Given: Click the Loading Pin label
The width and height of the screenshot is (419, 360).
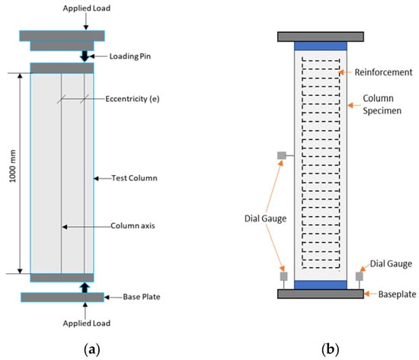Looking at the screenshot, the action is [x=130, y=56].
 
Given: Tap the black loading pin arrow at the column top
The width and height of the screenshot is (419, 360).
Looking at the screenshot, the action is [x=85, y=56].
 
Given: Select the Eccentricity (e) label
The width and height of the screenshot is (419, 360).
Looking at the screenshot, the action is [x=133, y=99].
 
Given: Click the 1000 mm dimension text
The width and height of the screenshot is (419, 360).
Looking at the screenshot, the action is [x=13, y=166].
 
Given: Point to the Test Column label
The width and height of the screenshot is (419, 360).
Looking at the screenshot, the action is [x=134, y=178].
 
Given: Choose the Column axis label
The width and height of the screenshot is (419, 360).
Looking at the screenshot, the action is [x=133, y=226].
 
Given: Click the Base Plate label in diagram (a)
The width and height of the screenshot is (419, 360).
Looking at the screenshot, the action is [x=142, y=297].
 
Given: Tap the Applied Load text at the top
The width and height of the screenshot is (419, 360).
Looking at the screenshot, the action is [x=87, y=8].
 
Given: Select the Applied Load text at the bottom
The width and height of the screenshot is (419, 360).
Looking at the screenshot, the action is [x=87, y=323].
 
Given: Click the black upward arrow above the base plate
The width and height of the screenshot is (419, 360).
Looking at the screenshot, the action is [x=85, y=288].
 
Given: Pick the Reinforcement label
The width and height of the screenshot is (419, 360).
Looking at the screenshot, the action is [x=383, y=72].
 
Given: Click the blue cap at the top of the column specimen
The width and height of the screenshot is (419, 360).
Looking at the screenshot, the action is [x=321, y=46].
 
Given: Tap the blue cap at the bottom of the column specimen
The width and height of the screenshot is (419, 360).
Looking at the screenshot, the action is [x=321, y=285].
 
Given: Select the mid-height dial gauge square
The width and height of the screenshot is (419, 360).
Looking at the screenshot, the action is [x=282, y=155].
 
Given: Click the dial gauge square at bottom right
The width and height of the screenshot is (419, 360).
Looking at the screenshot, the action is [x=360, y=276].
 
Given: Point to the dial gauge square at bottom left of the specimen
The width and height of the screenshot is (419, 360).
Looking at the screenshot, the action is [x=284, y=276].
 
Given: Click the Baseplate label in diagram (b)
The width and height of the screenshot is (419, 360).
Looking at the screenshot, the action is [x=398, y=295].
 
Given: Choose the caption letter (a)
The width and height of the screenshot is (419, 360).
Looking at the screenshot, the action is [x=92, y=349].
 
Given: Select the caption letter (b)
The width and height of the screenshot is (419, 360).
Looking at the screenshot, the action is [x=331, y=349].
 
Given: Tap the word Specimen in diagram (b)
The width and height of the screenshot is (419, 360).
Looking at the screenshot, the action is [x=382, y=111].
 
